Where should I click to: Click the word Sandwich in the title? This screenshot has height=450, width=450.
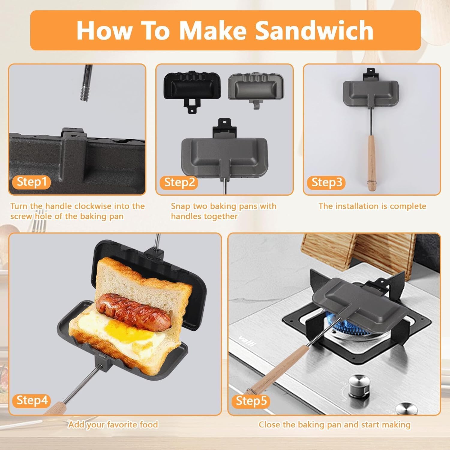click(x=314, y=30)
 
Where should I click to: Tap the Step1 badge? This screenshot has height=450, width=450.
click(x=32, y=182)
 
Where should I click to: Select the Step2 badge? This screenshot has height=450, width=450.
click(x=179, y=182)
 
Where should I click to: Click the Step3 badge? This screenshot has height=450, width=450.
click(x=327, y=182)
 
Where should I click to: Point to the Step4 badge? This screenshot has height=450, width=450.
click(x=32, y=400)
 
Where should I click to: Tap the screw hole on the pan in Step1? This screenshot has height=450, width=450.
click(x=73, y=136)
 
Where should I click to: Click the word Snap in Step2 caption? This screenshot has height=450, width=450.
click(x=180, y=206)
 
